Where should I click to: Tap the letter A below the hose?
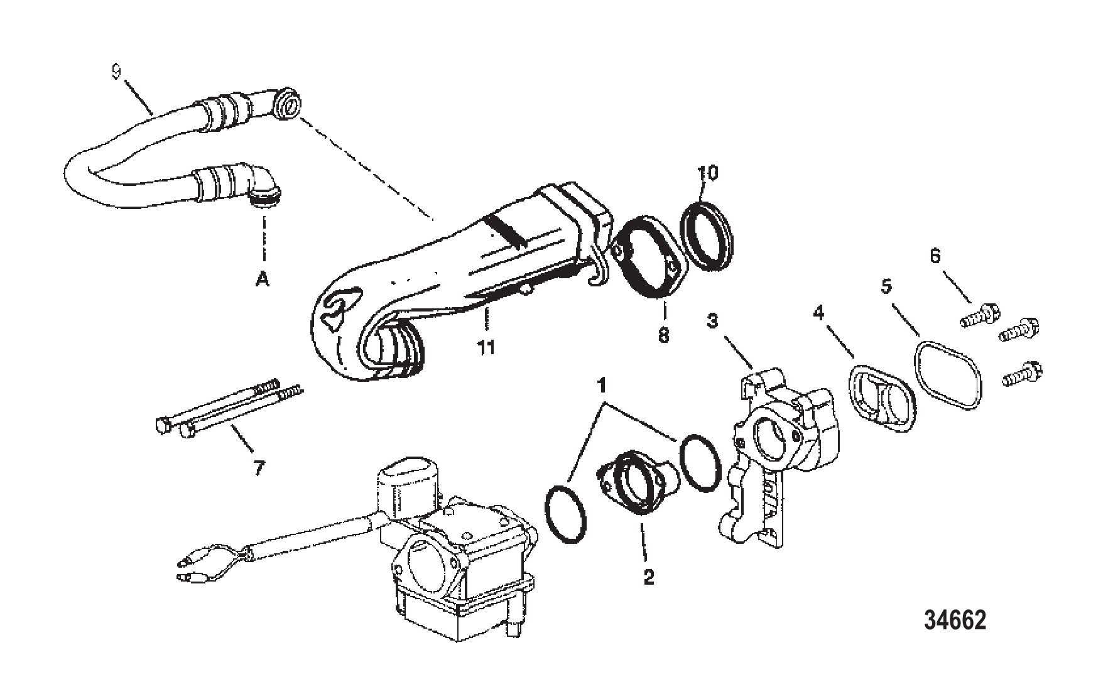[x=263, y=278]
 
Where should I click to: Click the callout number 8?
[x=664, y=334]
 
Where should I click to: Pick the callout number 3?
[x=712, y=321]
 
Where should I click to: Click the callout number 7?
[x=259, y=467]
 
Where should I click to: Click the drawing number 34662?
[x=955, y=620]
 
